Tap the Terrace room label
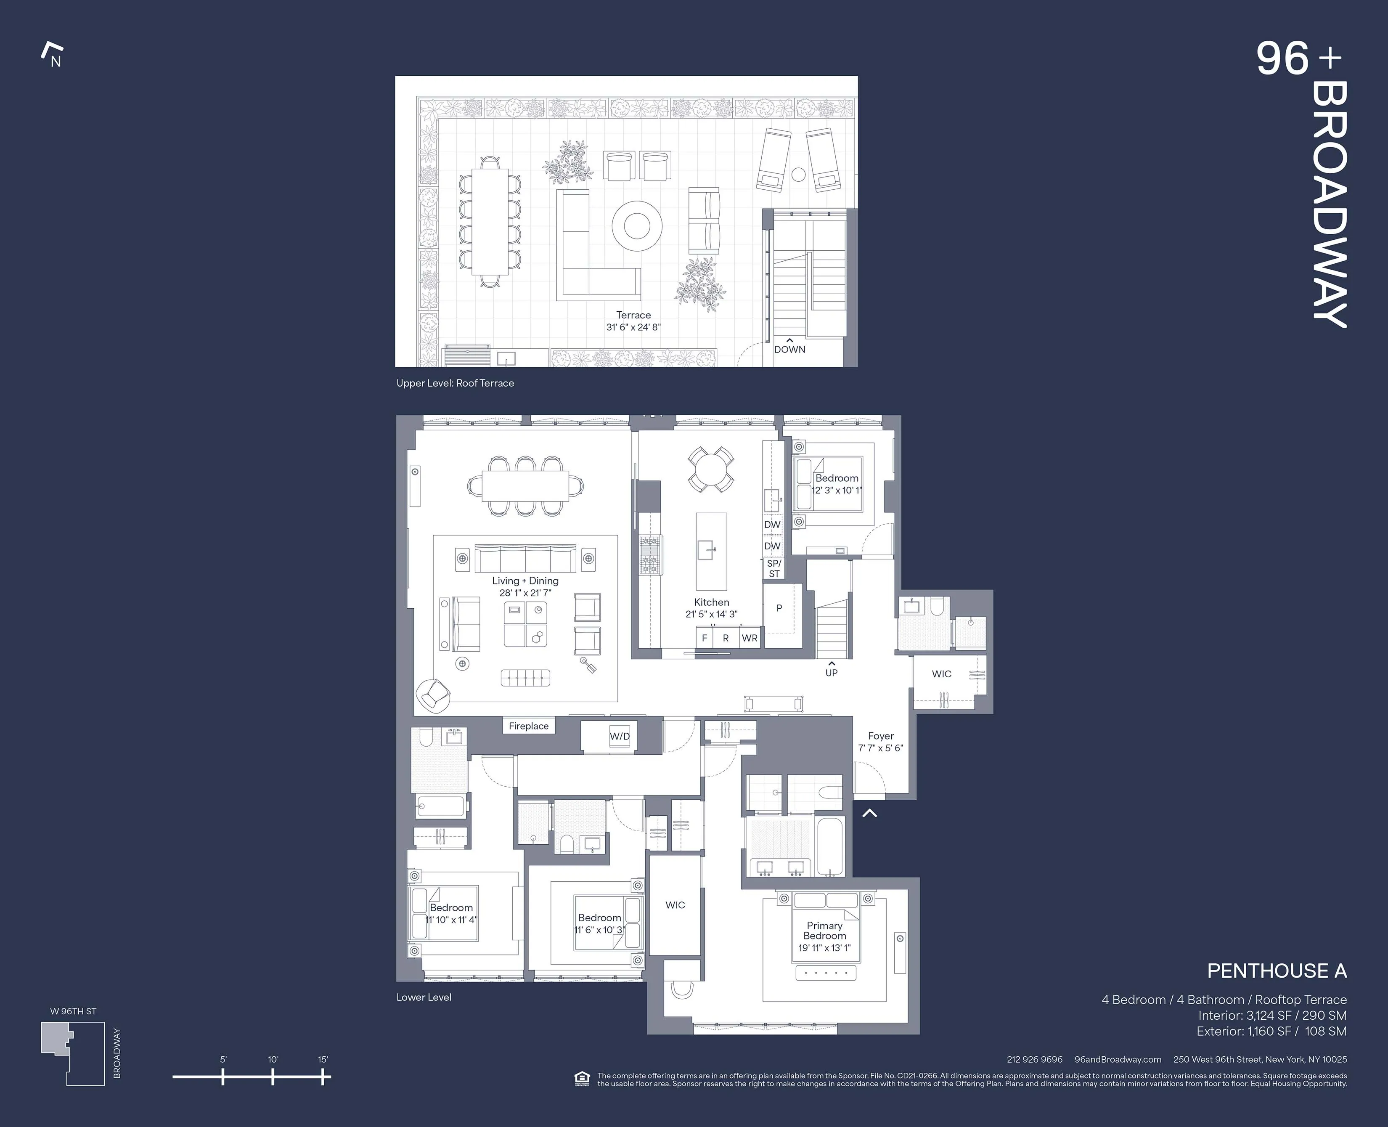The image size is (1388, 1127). [633, 315]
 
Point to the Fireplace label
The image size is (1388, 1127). [528, 726]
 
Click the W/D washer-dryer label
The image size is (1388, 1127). [619, 736]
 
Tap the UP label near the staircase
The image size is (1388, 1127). [831, 673]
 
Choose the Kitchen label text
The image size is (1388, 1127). [711, 602]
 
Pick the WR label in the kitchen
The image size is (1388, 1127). [750, 638]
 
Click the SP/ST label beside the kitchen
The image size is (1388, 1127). [773, 569]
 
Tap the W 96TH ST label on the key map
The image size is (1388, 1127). [73, 1011]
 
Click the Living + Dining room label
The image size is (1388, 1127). [525, 581]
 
